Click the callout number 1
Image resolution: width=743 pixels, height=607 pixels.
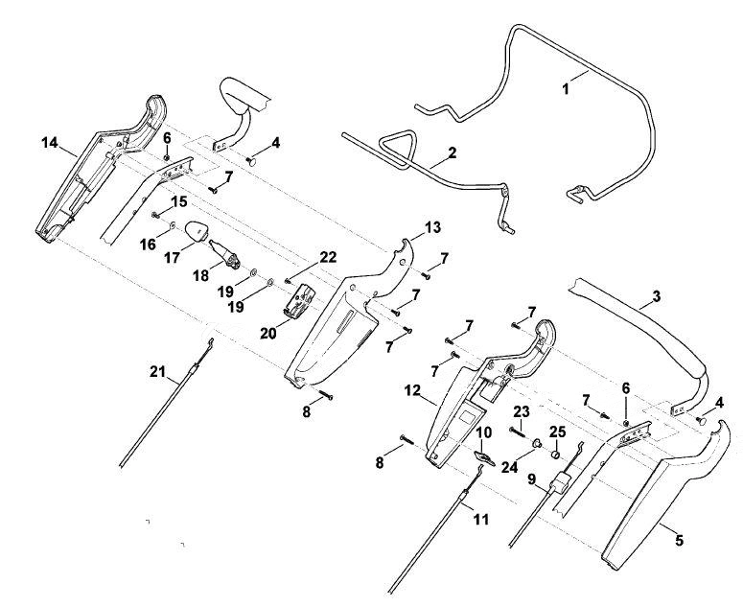[x=565, y=88]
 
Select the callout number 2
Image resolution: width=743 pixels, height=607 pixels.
[x=453, y=152]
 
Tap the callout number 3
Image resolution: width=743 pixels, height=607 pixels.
[x=656, y=297]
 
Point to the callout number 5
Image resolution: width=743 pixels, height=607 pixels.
[x=679, y=540]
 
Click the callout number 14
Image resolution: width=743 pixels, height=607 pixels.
[x=49, y=142]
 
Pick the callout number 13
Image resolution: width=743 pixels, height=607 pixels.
[x=432, y=227]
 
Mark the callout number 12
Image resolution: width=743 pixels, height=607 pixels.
[x=413, y=391]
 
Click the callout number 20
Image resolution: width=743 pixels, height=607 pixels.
[x=267, y=334]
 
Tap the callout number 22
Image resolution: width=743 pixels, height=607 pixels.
[x=328, y=257]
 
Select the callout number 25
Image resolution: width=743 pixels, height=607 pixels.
[x=558, y=432]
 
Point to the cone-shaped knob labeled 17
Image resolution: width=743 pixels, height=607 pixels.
[x=196, y=231]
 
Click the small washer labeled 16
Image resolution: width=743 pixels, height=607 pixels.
[x=173, y=225]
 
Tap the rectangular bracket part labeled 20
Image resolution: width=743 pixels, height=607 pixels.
[x=299, y=300]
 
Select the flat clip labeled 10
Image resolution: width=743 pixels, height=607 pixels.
[x=485, y=457]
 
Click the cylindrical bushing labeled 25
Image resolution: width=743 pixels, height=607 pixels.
[x=553, y=455]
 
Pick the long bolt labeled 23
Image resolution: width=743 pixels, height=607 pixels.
[x=520, y=432]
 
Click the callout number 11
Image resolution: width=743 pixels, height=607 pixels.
[x=481, y=520]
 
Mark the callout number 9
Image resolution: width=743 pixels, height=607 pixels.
[x=532, y=479]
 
